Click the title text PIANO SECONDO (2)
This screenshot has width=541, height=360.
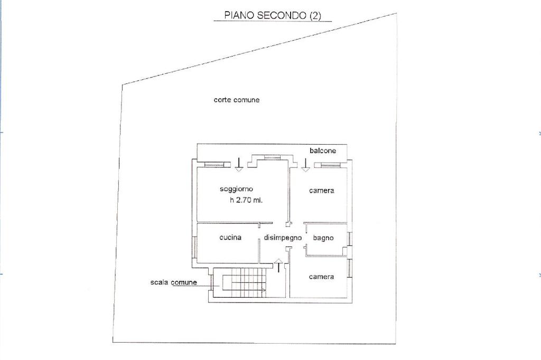click(x=272, y=15)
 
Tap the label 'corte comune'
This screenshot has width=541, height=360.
click(x=236, y=100)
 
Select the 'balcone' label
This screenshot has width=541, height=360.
click(x=323, y=151)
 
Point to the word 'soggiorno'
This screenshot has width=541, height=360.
click(x=237, y=189)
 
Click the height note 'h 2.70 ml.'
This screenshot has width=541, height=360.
click(x=246, y=201)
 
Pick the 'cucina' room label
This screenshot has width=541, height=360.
click(x=230, y=238)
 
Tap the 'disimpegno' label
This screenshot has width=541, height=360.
click(x=283, y=238)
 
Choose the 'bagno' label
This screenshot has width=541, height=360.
click(x=323, y=238)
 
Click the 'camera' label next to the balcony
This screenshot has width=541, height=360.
click(x=321, y=191)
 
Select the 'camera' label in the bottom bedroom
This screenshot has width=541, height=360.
click(x=321, y=277)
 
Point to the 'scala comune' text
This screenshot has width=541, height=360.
click(x=173, y=282)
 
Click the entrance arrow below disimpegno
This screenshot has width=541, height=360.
click(x=279, y=266)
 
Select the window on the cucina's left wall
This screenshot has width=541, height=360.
click(x=195, y=247)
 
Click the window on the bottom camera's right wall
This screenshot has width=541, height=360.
click(x=349, y=268)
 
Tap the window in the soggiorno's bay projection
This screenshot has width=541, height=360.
click(x=272, y=157)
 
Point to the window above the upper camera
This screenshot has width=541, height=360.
click(x=328, y=165)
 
